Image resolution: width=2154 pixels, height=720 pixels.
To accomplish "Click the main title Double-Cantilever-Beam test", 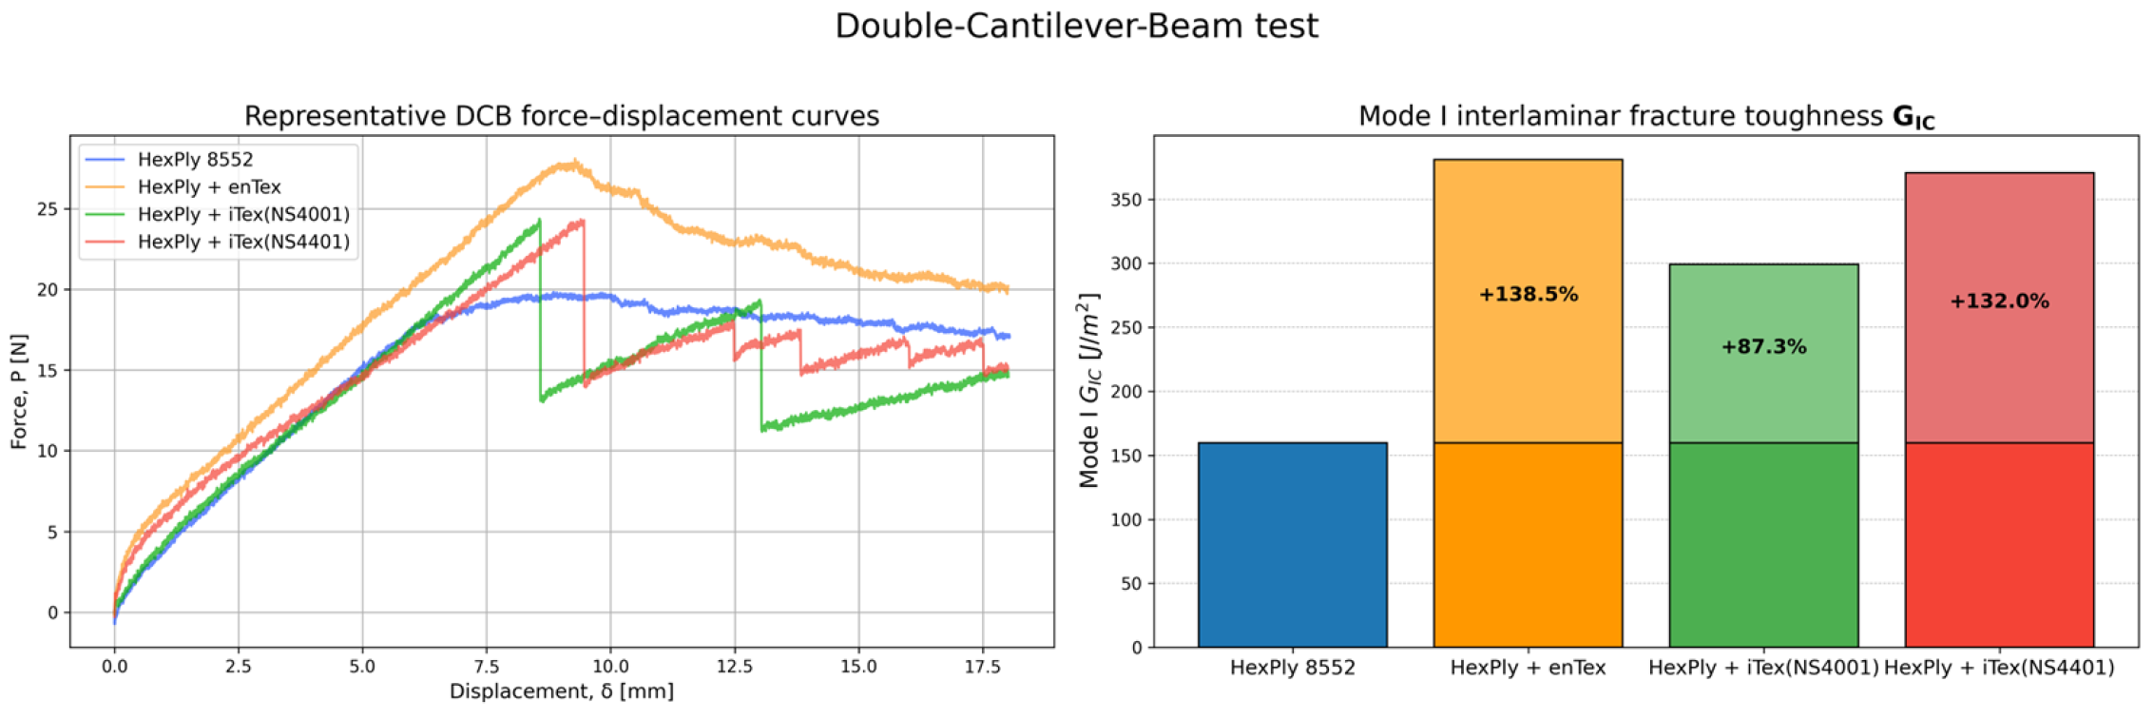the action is coord(1076,26).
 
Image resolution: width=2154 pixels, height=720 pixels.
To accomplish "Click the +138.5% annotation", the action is coord(1528,295).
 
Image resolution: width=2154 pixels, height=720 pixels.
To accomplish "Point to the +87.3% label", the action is coord(1763,347).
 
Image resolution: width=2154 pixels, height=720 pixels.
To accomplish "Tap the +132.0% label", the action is coord(1999,302).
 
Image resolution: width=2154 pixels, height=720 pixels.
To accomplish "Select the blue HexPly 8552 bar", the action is coord(1292,545).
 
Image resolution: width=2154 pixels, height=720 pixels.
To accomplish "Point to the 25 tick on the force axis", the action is coord(48,209).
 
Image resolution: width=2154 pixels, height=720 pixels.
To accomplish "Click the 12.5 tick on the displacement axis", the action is coord(735,667).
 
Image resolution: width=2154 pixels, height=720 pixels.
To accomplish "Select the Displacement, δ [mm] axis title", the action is coord(562,691).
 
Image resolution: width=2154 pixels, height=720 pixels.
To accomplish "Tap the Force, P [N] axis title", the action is coord(19,391).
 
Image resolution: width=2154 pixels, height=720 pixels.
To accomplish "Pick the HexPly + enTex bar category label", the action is coord(1528,668).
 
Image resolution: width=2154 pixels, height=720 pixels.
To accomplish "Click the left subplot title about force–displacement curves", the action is coord(562,116).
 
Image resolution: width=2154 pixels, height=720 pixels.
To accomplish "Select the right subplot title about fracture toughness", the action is coord(1646,117).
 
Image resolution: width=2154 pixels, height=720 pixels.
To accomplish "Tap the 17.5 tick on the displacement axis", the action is coord(983,667).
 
